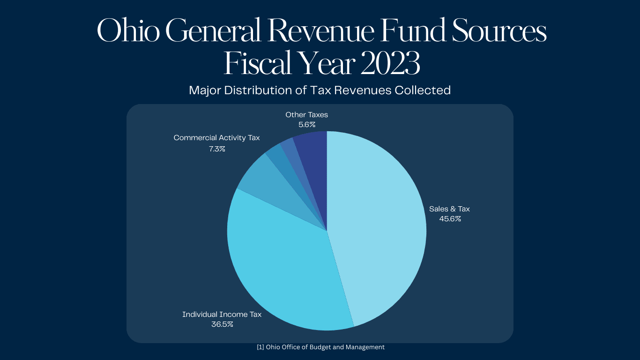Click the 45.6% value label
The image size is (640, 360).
pos(450,218)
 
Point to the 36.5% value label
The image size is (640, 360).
pos(222,324)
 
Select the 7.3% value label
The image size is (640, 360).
pos(217,149)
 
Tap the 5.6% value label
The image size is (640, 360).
pos(307,125)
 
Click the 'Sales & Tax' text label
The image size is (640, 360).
pos(449,209)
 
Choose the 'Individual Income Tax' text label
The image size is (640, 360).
pos(222,315)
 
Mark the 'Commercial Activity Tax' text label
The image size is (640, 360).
pos(216,138)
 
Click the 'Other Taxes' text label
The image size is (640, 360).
pos(307,115)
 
